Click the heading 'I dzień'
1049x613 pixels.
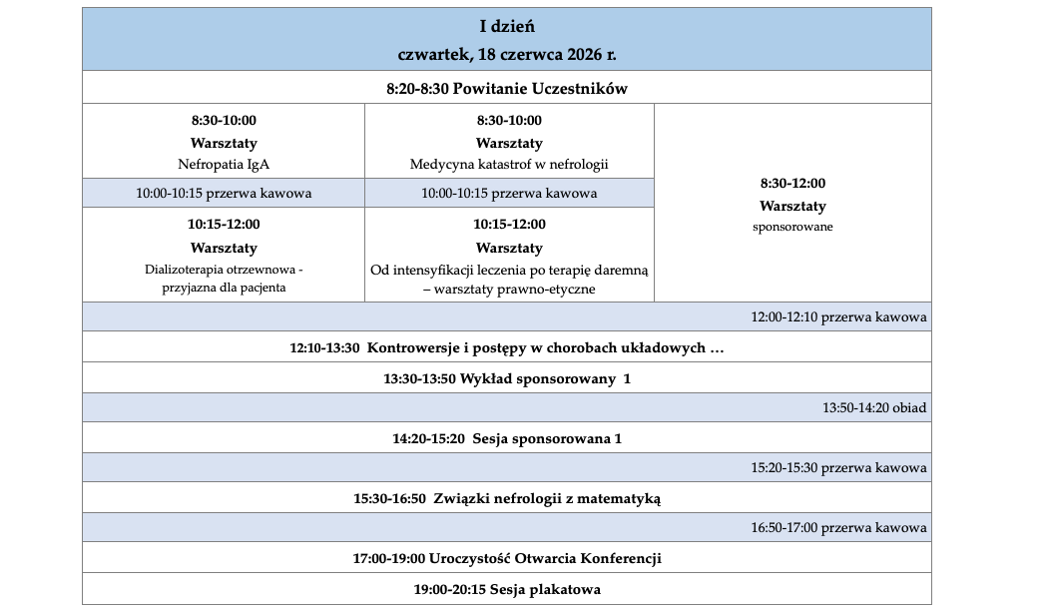[x=507, y=25]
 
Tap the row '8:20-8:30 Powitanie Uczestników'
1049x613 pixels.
[x=507, y=88]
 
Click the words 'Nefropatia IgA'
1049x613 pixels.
[x=224, y=164]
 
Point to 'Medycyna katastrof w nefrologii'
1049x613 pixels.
[x=509, y=164]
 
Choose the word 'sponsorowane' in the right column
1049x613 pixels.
[x=792, y=227]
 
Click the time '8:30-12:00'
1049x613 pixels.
[x=792, y=184]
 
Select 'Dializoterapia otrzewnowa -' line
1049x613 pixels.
[x=224, y=270]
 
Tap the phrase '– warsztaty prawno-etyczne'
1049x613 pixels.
[x=509, y=289]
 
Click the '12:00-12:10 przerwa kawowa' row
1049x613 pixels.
[x=838, y=317]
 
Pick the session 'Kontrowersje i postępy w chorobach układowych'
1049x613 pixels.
[x=544, y=347]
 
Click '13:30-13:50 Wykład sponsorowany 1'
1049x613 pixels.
[x=507, y=378]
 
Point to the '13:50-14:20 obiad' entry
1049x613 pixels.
[x=874, y=407]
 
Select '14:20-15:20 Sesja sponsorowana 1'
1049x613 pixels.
[x=507, y=438]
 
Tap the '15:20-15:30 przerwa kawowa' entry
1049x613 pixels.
[x=838, y=467]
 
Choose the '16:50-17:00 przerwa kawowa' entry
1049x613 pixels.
[x=838, y=527]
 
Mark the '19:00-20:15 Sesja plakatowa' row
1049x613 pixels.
[x=507, y=589]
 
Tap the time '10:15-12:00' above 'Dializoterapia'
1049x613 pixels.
[x=224, y=225]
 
